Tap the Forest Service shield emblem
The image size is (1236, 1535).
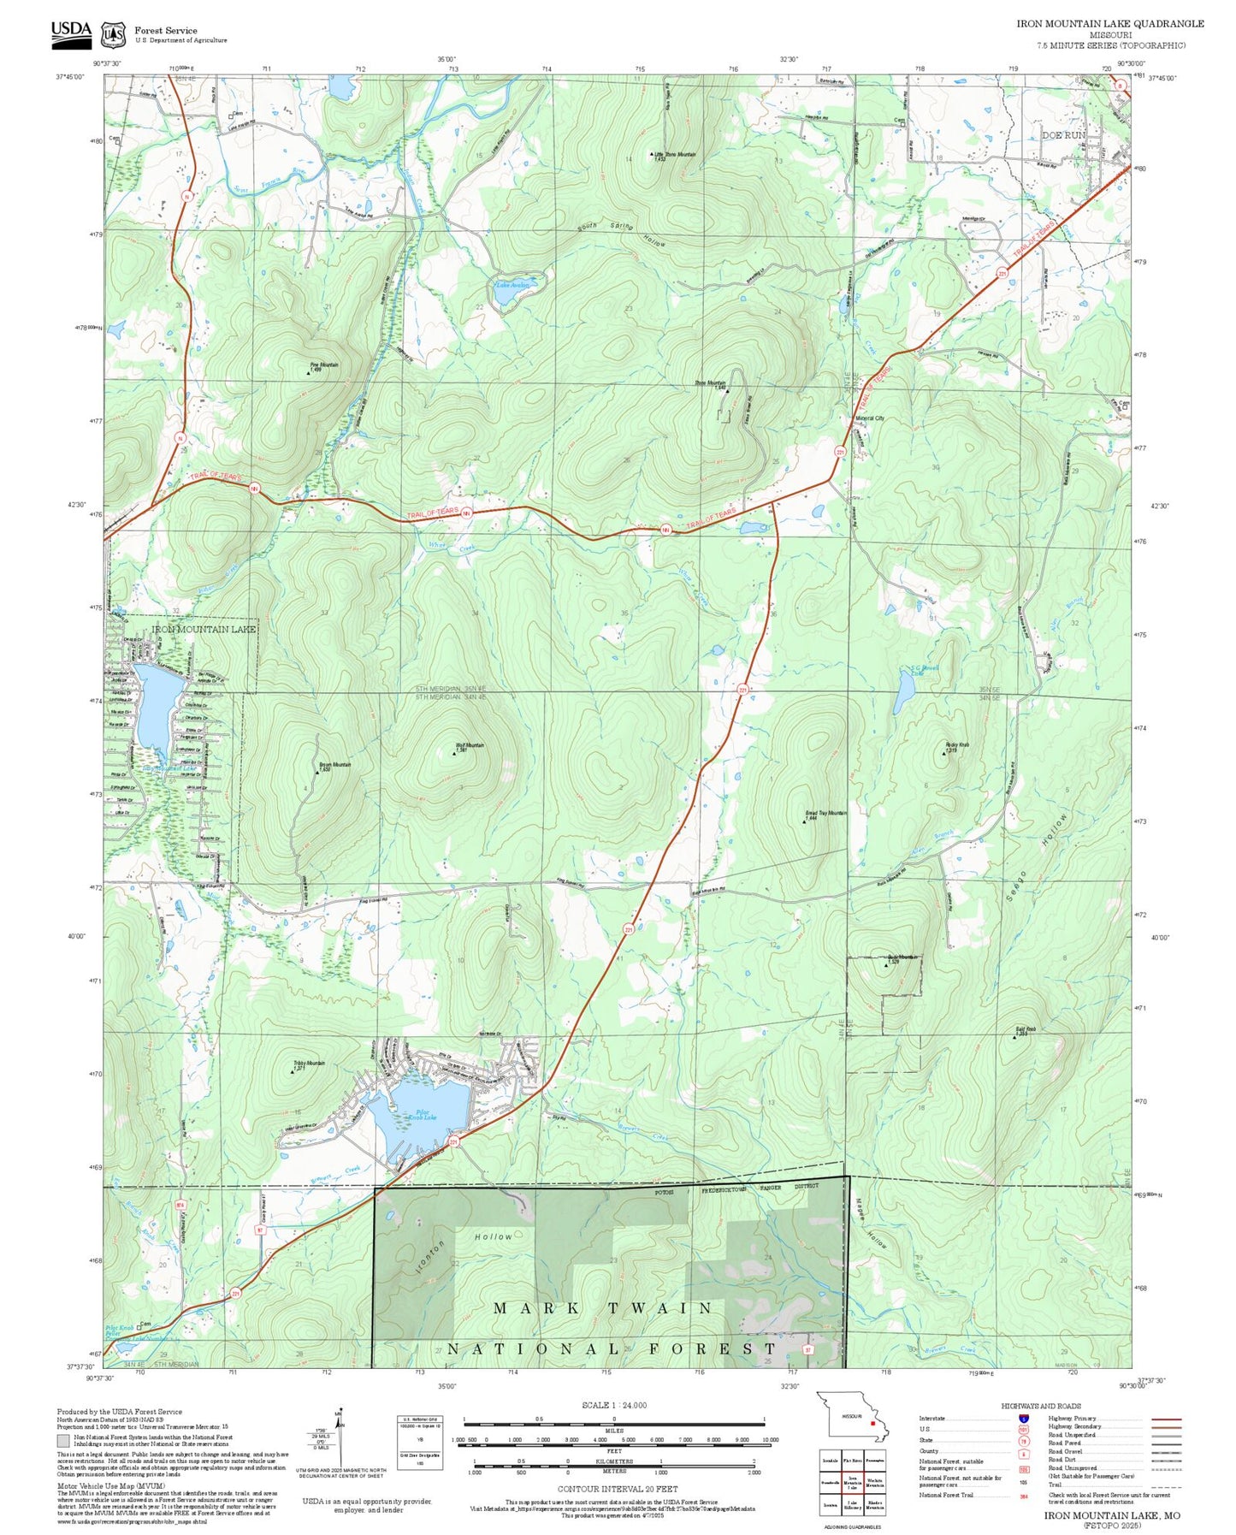click(113, 34)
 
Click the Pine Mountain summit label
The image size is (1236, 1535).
click(323, 366)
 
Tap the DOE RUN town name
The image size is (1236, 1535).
click(1062, 135)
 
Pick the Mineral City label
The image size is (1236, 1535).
click(869, 418)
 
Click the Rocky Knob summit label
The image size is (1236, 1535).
click(956, 746)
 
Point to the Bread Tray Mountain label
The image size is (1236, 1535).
click(825, 815)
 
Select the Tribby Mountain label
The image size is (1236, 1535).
click(309, 1064)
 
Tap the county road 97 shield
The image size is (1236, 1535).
click(259, 1230)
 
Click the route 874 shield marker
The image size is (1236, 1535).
click(180, 1205)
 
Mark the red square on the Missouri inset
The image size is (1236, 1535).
click(872, 1424)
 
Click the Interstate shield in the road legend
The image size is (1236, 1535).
click(1023, 1418)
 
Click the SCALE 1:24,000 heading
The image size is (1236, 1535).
click(613, 1405)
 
